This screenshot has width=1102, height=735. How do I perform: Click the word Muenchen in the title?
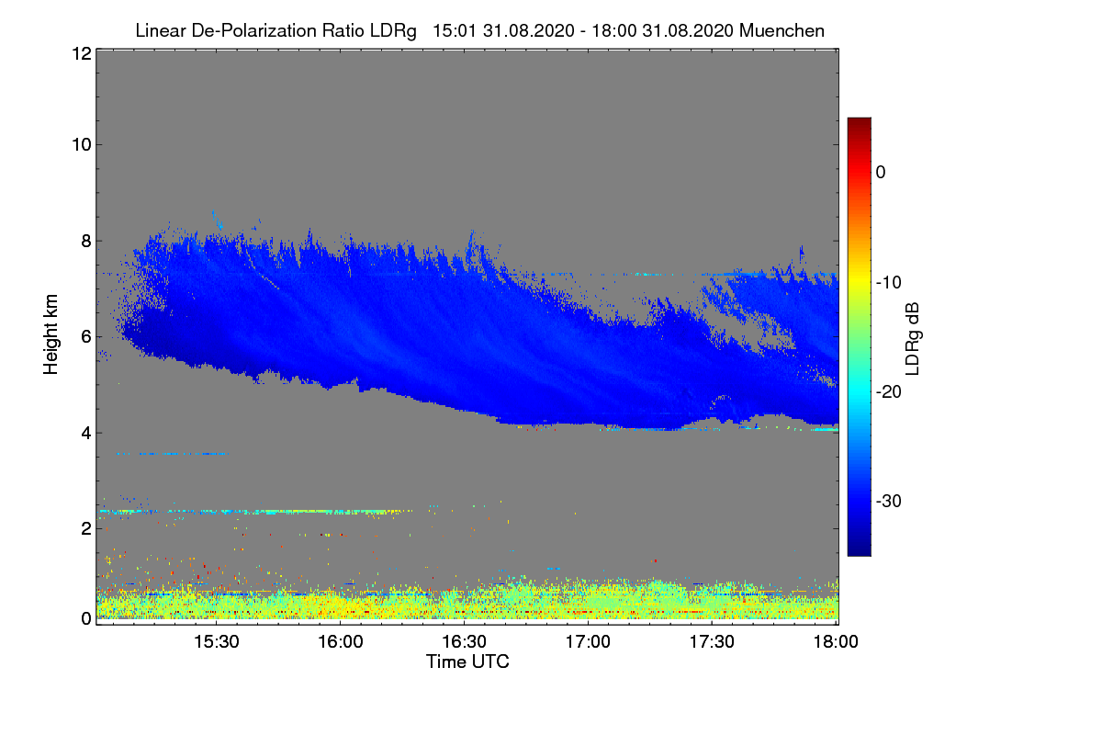[782, 30]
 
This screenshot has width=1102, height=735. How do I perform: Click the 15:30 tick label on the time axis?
[217, 641]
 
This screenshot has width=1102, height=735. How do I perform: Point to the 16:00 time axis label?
[341, 641]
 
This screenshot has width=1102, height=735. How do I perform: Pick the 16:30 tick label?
[465, 641]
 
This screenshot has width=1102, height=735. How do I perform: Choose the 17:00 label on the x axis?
[589, 641]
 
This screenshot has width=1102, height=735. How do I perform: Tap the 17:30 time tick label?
[713, 641]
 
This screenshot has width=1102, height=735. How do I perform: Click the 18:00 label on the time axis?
[836, 641]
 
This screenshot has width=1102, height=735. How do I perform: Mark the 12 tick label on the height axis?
[81, 53]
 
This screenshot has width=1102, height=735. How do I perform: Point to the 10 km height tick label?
[81, 144]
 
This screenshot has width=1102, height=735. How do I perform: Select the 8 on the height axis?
[85, 241]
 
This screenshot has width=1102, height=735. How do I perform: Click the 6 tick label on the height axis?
[85, 337]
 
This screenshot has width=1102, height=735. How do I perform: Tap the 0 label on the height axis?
[85, 618]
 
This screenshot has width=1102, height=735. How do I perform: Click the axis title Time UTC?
[467, 661]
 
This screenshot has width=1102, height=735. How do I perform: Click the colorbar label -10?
[887, 282]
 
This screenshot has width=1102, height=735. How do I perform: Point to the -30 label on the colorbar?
[887, 502]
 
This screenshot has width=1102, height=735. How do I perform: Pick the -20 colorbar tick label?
[887, 392]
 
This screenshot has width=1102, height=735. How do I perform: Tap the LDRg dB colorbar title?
[912, 337]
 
